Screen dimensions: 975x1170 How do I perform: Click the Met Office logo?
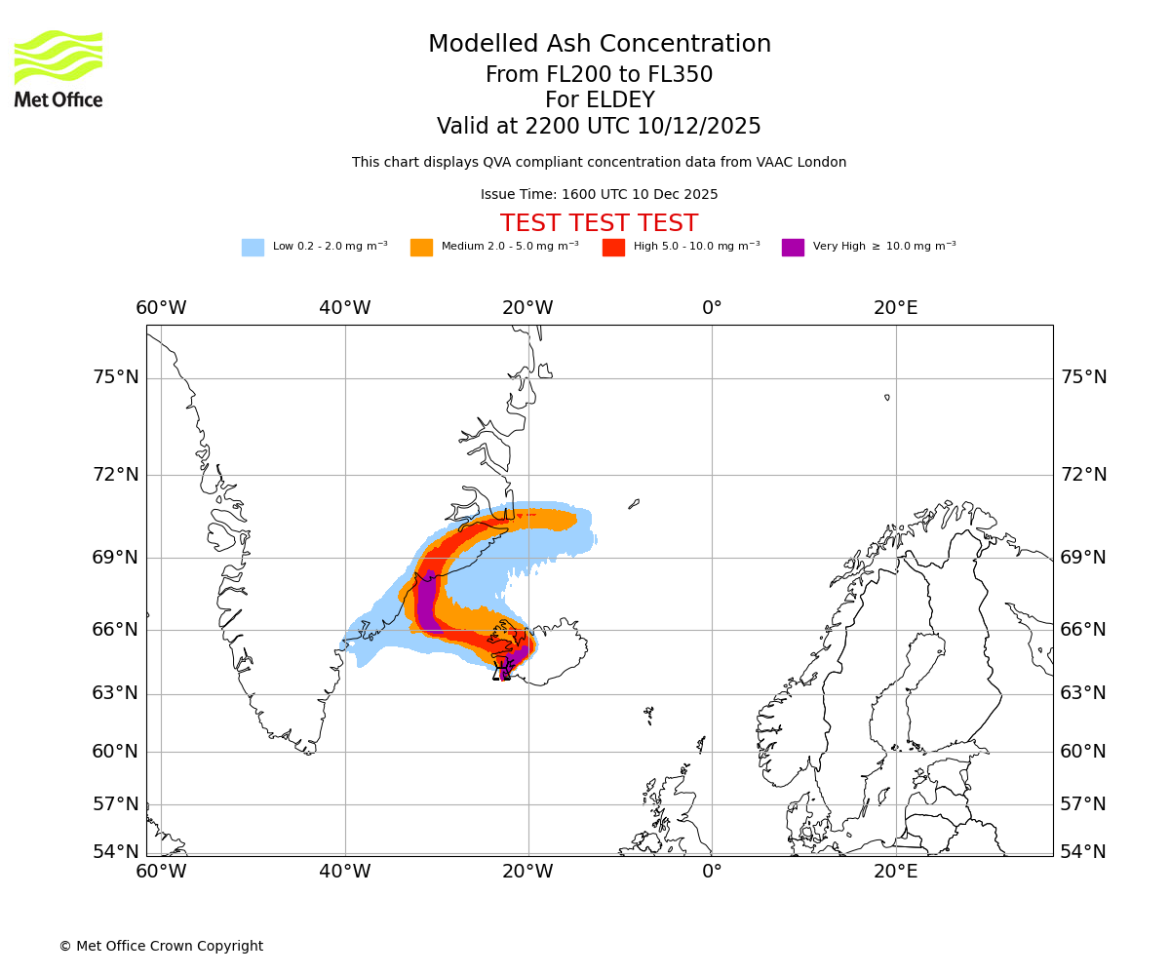pos(58,68)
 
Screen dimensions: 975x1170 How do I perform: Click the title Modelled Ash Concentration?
pos(600,45)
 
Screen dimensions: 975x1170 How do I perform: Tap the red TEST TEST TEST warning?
pos(599,224)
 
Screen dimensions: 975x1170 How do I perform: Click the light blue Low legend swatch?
pos(253,248)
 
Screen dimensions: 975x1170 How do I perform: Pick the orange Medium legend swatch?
pos(421,248)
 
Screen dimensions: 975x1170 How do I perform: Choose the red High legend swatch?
pos(613,248)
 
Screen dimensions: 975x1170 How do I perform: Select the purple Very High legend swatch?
pos(793,248)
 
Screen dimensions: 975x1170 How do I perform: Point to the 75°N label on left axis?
pos(116,377)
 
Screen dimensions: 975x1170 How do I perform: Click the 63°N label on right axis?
pos(1083,693)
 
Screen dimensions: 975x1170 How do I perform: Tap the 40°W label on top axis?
pos(345,308)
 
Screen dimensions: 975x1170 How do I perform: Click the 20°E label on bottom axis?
pos(895,872)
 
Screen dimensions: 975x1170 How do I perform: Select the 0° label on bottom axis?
pos(712,872)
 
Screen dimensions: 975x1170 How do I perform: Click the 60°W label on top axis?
pos(161,308)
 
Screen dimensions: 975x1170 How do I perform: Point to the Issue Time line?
pos(599,195)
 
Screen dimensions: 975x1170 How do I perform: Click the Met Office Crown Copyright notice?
pos(161,947)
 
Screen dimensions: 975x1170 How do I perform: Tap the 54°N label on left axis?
pos(116,852)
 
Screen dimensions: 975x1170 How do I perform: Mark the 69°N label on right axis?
pos(1083,558)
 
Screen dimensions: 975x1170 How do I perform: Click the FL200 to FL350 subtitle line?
pos(599,75)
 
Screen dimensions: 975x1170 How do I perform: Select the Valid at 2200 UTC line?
pos(599,127)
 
